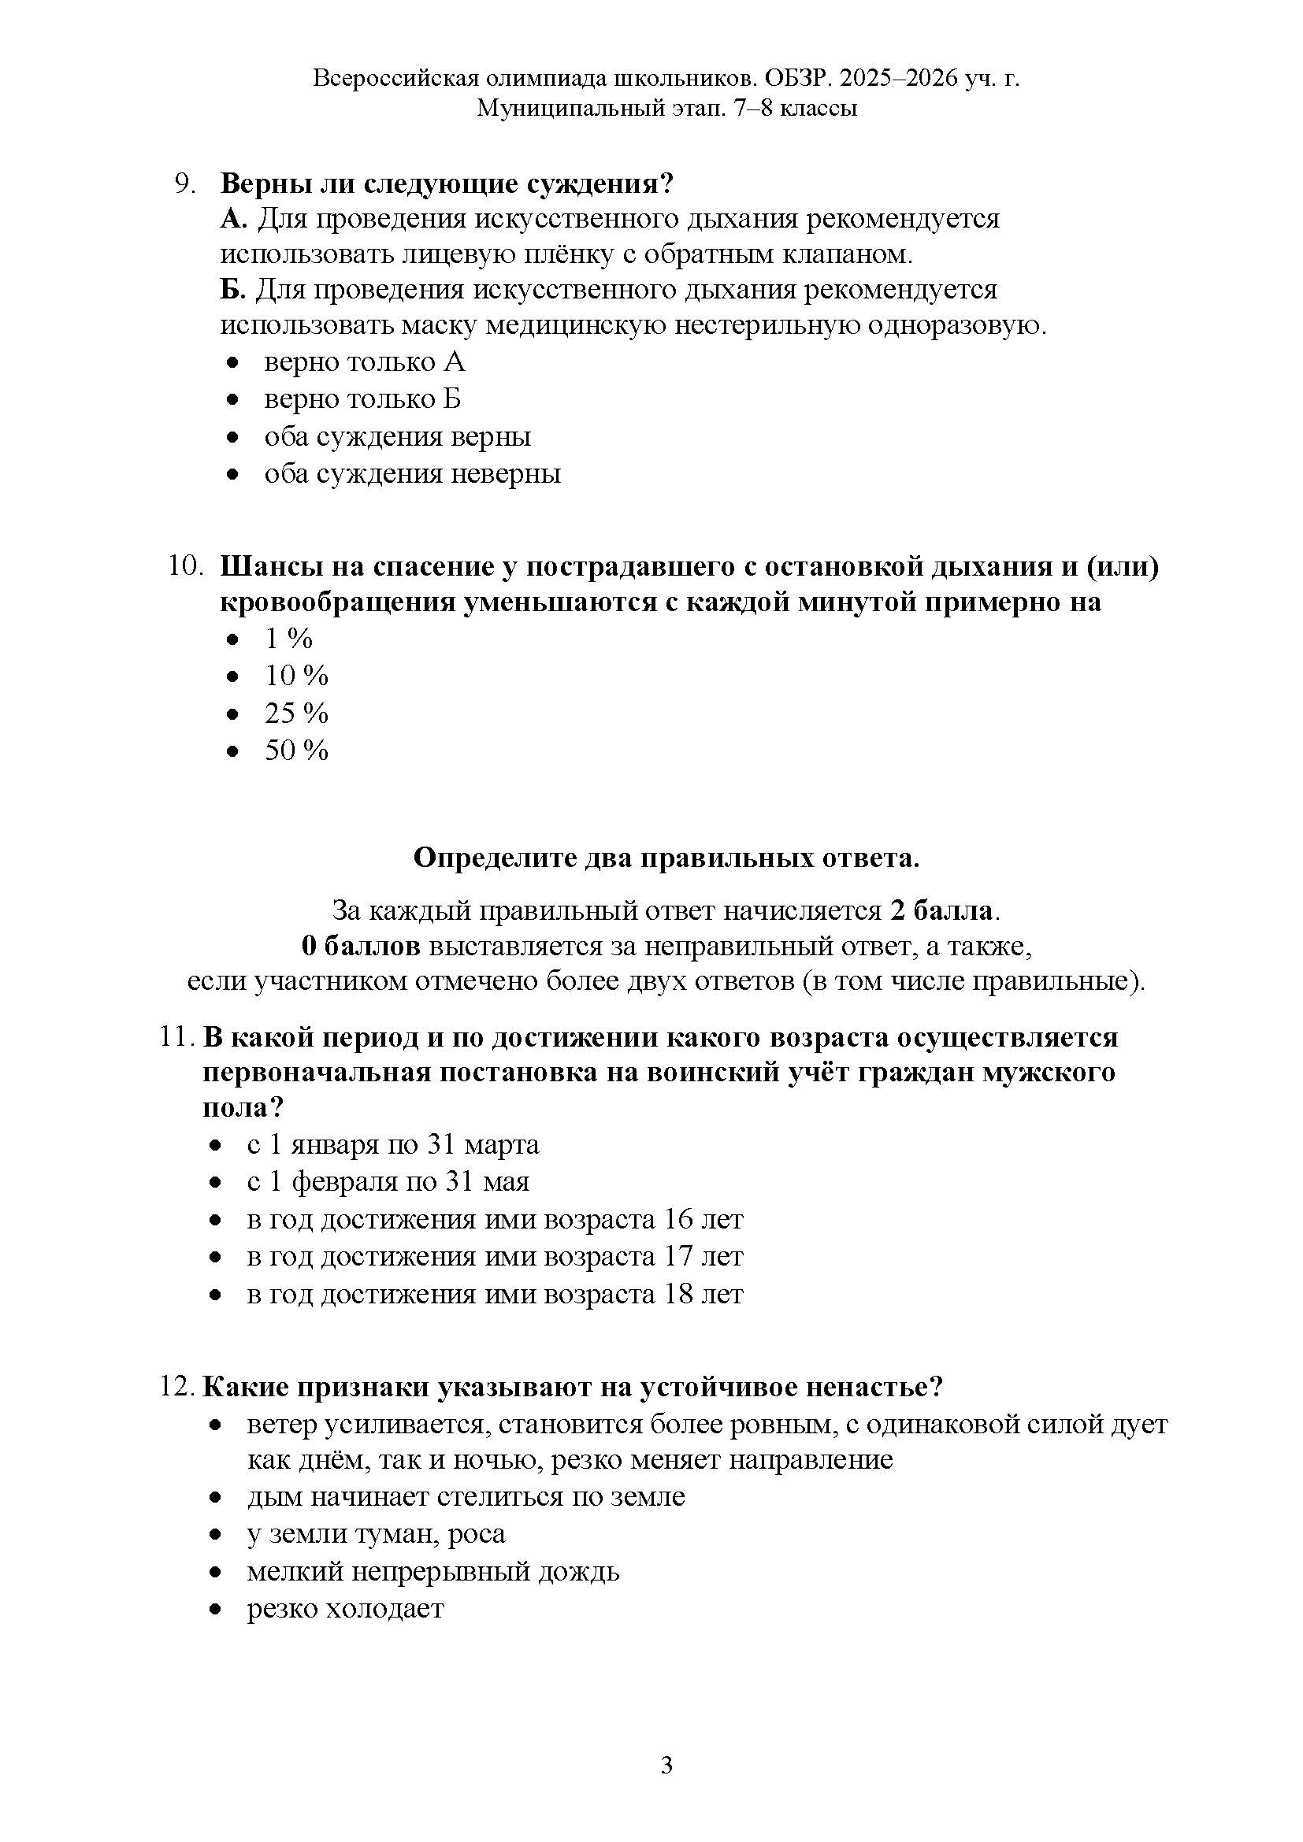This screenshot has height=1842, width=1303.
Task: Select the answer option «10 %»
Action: tap(296, 676)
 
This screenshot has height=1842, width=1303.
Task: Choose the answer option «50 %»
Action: tap(296, 751)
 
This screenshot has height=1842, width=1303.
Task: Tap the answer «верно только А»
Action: tap(364, 362)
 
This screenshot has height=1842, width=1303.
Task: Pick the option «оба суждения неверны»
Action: tap(412, 473)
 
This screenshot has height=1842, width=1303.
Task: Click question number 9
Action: tap(185, 183)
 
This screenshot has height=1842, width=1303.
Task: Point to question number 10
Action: tap(184, 566)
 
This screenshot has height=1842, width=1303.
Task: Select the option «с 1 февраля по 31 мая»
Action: tap(388, 1182)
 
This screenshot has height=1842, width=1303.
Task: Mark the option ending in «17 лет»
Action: tap(494, 1256)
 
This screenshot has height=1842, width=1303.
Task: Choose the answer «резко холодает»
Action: tap(345, 1610)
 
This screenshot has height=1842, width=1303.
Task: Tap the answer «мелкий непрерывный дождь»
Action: tap(432, 1572)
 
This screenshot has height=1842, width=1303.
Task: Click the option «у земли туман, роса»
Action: tap(376, 1534)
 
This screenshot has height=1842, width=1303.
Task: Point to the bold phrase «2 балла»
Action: tap(941, 911)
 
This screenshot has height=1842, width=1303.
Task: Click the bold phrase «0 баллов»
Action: tap(360, 947)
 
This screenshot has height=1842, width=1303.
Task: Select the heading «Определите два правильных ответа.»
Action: tap(666, 858)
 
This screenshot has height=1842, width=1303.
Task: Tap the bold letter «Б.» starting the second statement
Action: tap(232, 290)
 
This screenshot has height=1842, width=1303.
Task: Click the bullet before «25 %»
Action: tap(232, 714)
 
